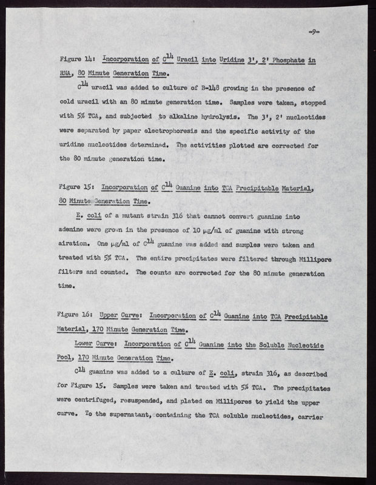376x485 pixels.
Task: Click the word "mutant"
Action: pyautogui.click(x=134, y=215)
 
